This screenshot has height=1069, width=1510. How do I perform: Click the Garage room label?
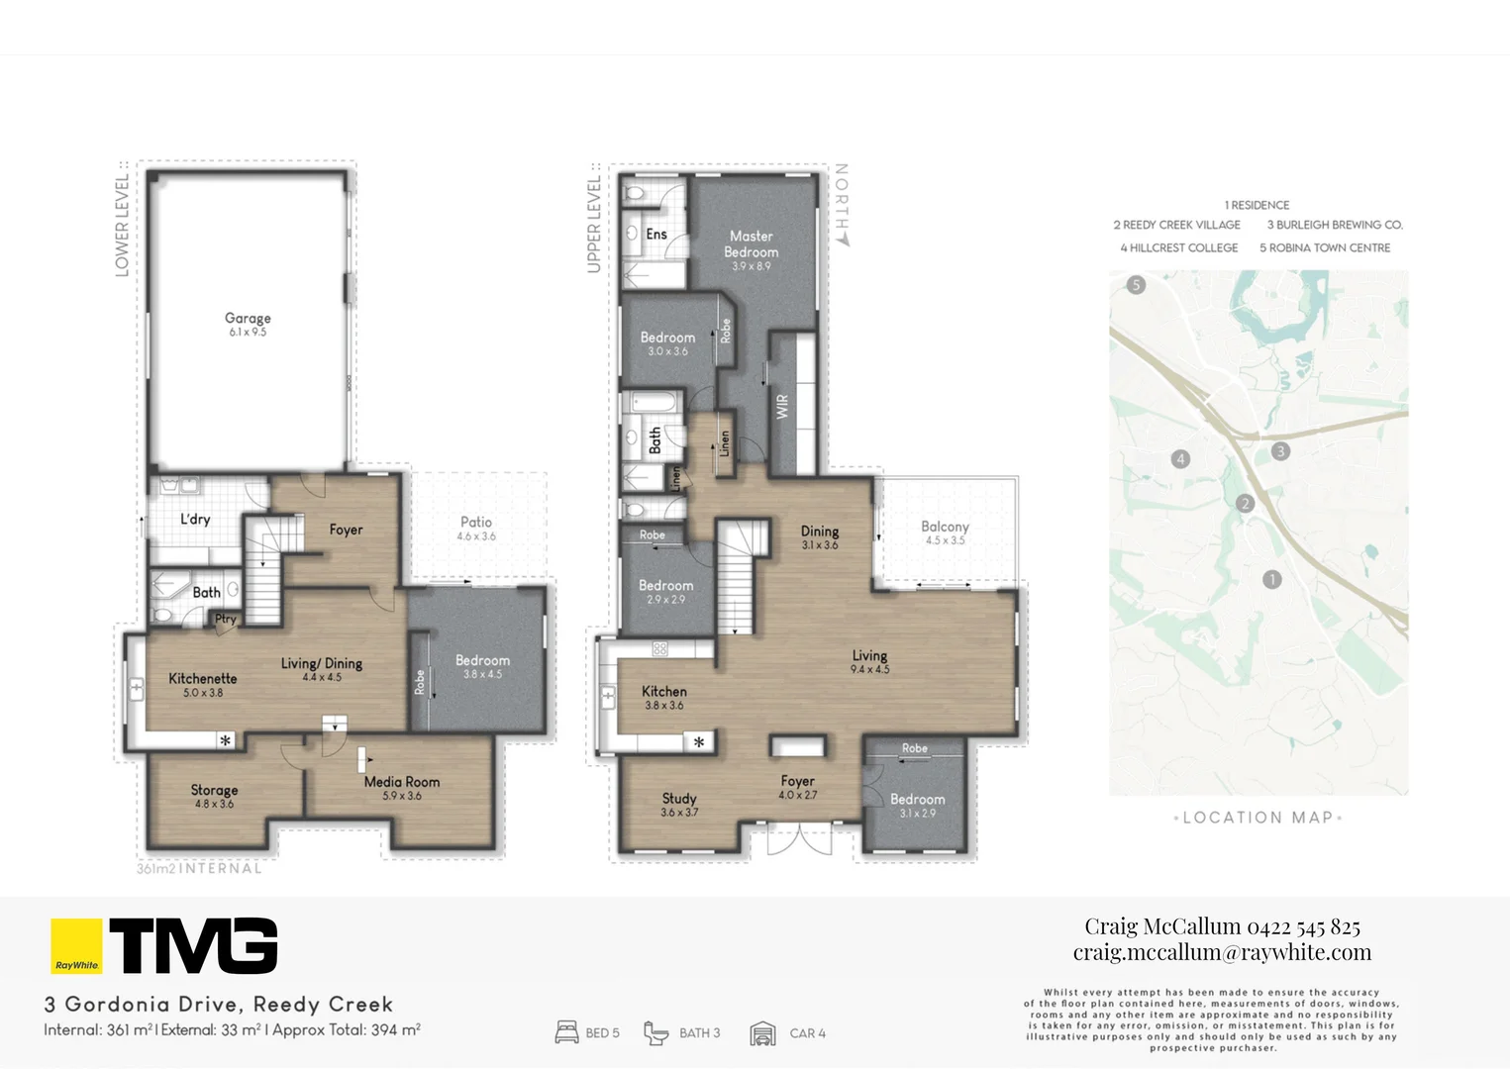click(x=248, y=319)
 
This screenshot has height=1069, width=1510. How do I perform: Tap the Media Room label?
click(x=401, y=782)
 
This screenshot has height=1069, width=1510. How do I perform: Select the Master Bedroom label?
click(x=752, y=243)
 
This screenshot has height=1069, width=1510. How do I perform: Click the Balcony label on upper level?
click(x=945, y=528)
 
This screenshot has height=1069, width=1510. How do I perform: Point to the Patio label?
click(x=476, y=523)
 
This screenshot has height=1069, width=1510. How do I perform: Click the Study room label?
click(x=679, y=799)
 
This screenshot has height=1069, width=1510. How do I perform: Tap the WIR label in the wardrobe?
click(x=782, y=407)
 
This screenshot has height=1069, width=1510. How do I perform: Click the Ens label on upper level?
click(x=656, y=235)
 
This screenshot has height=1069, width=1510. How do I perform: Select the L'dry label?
click(x=195, y=520)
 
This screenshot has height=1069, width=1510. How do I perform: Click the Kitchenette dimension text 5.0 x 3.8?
click(x=203, y=693)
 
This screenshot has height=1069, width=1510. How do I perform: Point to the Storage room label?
click(x=214, y=790)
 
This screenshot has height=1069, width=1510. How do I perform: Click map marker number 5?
click(x=1136, y=285)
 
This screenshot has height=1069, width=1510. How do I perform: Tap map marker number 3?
click(x=1280, y=451)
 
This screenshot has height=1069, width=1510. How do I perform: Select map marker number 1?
click(x=1272, y=579)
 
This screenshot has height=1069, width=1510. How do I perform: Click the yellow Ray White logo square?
click(x=76, y=946)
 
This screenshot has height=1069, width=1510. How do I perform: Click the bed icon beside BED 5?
click(x=566, y=1033)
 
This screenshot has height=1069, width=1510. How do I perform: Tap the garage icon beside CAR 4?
click(x=762, y=1033)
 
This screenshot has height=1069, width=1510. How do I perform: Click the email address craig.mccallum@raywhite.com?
click(x=1222, y=952)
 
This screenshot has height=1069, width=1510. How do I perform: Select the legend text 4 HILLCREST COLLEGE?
click(x=1178, y=248)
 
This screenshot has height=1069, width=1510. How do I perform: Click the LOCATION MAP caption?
click(x=1258, y=818)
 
